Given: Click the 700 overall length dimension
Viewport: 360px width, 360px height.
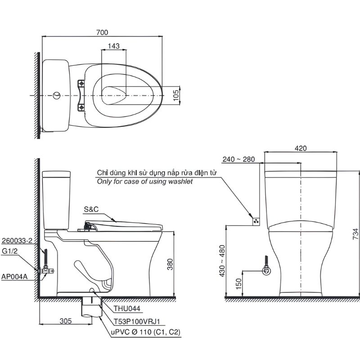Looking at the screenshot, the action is pyautogui.click(x=102, y=32).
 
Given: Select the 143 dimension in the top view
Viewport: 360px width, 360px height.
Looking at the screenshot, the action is pyautogui.click(x=114, y=46).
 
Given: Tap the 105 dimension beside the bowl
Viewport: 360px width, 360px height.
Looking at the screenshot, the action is pyautogui.click(x=175, y=95).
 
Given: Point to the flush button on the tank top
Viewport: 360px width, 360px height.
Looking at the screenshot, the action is pyautogui.click(x=57, y=95).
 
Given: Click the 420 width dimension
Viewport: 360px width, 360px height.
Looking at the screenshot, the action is pyautogui.click(x=301, y=148).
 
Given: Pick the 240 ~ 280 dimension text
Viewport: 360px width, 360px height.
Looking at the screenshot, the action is pyautogui.click(x=238, y=159).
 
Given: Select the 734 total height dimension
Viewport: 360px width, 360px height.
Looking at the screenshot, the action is pyautogui.click(x=355, y=234).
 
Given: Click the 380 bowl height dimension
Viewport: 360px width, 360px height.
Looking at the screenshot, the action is pyautogui.click(x=170, y=264).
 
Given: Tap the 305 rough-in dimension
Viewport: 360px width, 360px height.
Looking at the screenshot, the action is pyautogui.click(x=66, y=321).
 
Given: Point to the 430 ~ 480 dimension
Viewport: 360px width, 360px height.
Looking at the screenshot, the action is pyautogui.click(x=222, y=261).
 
